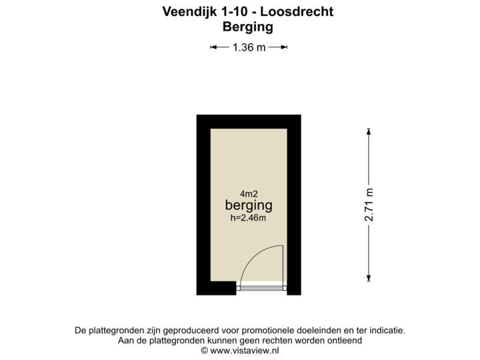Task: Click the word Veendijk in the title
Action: (x=189, y=12)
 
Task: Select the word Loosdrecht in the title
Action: (x=297, y=11)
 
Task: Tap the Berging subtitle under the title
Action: (x=248, y=27)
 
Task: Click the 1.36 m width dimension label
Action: (x=249, y=47)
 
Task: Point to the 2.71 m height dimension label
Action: (x=369, y=205)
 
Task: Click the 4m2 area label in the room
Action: (x=249, y=194)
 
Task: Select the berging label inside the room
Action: (x=249, y=205)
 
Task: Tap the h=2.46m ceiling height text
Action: (x=248, y=217)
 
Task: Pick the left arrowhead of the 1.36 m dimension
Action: (x=213, y=47)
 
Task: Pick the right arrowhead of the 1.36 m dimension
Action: (x=284, y=47)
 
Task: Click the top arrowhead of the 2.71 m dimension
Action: (x=369, y=131)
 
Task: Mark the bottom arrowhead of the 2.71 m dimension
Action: (x=369, y=278)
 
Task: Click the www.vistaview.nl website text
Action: (x=244, y=351)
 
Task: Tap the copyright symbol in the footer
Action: (x=205, y=351)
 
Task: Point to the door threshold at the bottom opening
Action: (x=262, y=288)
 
